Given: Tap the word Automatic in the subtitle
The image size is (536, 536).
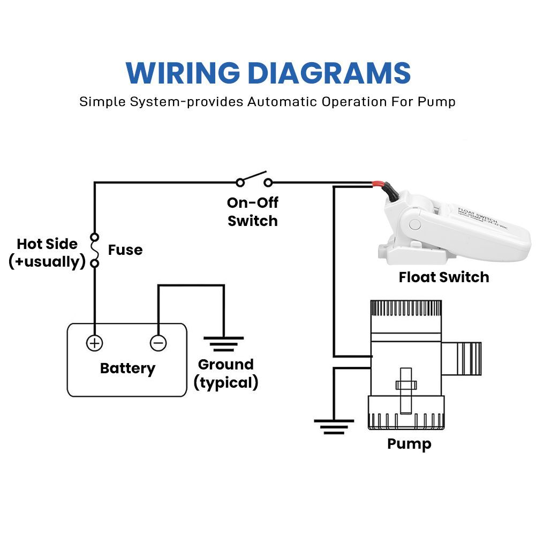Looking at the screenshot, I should point(282,102).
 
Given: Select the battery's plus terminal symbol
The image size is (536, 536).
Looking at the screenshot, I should point(95,343).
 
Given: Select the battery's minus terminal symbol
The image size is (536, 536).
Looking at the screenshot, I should point(158,343).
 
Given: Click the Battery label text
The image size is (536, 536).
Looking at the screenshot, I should point(127,368).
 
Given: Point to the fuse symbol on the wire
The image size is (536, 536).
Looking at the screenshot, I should point(95,250).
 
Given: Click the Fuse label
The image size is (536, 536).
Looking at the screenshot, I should point(125,250).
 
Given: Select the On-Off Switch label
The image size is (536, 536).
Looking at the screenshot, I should point(253,212).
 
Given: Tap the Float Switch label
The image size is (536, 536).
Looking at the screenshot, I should point(444,277).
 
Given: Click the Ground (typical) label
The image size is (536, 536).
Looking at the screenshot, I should point(225,373).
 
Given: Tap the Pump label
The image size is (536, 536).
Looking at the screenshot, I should point(409,444).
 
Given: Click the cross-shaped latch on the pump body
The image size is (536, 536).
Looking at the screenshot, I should point(405,384).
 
